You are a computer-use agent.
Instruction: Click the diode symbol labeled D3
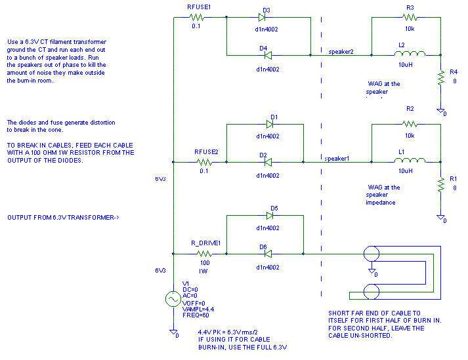pos(266,18)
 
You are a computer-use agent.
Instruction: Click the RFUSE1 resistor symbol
pos(198,18)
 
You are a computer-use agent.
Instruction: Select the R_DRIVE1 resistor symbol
pos(205,252)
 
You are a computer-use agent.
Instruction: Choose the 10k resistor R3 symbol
pos(410,18)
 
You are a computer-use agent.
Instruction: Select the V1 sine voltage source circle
pos(175,299)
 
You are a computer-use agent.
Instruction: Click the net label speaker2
pos(341,51)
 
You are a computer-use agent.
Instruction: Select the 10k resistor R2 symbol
pos(410,123)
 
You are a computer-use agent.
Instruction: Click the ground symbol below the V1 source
pos(175,331)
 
